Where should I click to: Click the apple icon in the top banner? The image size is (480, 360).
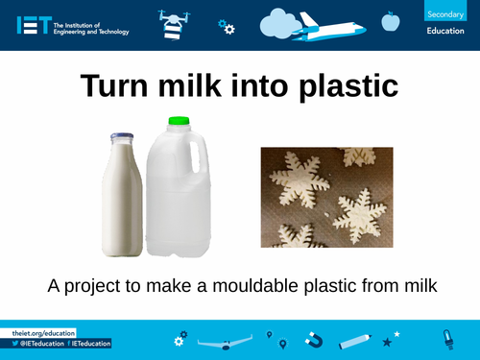[x=390, y=20]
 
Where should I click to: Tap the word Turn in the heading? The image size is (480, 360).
[x=116, y=85]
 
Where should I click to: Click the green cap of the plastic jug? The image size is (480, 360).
[x=178, y=122]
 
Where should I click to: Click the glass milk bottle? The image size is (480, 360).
[x=123, y=192]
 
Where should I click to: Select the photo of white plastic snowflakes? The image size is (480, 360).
[x=327, y=196]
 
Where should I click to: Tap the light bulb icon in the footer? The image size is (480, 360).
[x=446, y=338]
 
